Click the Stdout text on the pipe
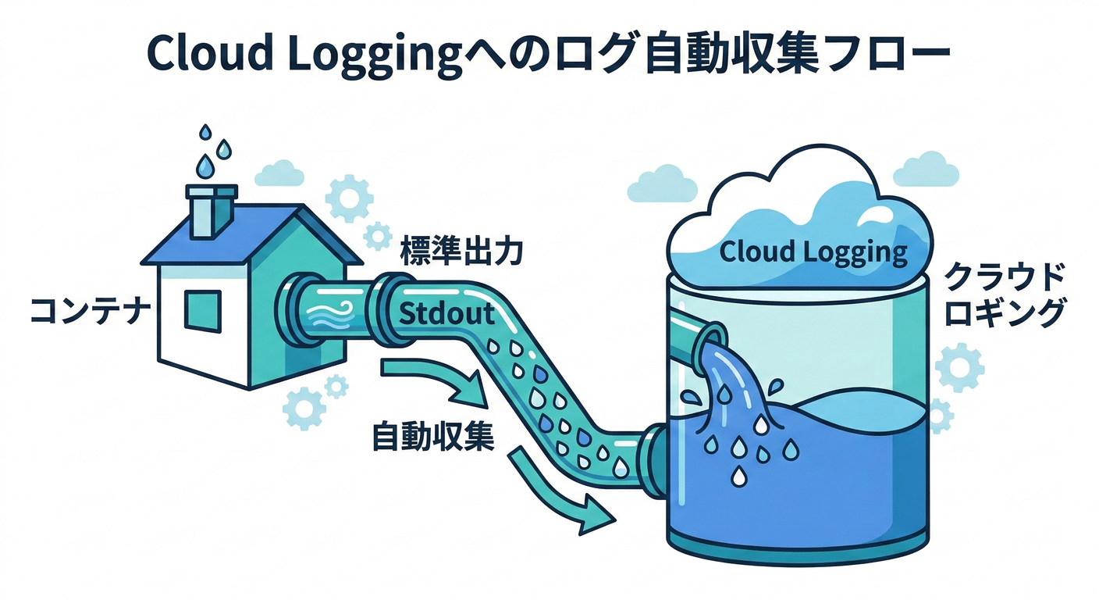click(446, 314)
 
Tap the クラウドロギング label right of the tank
click(1002, 295)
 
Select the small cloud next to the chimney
click(279, 173)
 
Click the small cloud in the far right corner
click(926, 170)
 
